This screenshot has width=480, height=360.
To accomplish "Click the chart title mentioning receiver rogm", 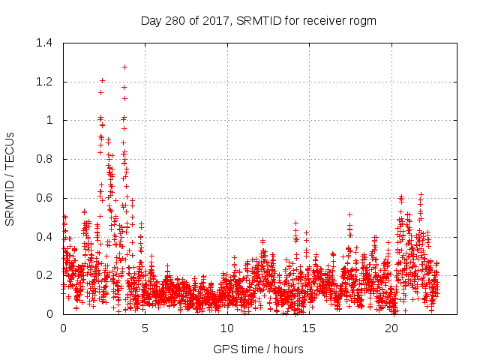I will tap(259, 20).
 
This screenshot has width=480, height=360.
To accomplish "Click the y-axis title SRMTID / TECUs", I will tap(10, 178).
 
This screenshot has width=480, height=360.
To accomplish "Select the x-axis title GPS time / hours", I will tap(259, 349).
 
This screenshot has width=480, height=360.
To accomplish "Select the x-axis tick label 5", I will tap(145, 328).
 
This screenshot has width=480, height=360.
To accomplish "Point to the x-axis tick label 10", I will tap(227, 328).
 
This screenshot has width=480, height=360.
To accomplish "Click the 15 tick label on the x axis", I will tap(310, 328).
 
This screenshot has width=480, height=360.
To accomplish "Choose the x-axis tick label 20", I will tap(392, 328).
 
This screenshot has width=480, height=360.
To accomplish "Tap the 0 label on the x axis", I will tap(63, 328).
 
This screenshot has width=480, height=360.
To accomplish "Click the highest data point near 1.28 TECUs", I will tap(124, 67).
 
